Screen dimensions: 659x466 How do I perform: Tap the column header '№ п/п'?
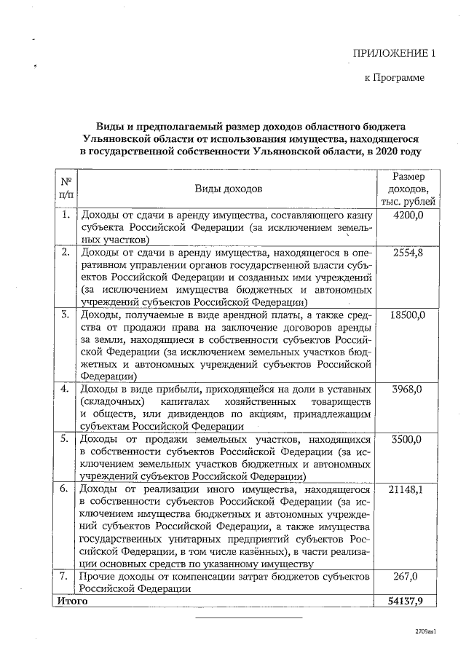point(66,189)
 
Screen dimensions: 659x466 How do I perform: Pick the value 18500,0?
point(408,315)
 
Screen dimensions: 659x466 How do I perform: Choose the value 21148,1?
point(408,489)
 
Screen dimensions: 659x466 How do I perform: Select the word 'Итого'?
point(73,601)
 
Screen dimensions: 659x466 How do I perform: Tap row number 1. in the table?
point(66,216)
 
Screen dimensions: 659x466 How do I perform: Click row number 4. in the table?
point(66,390)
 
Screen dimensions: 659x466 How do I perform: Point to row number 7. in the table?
point(66,576)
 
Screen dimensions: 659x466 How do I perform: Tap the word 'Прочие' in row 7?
point(98,576)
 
